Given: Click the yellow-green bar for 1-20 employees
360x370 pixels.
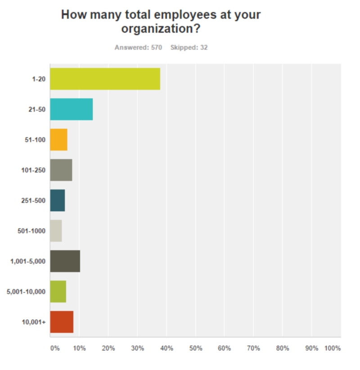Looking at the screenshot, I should point(105,79).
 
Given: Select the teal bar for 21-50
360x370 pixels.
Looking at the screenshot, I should point(71,109).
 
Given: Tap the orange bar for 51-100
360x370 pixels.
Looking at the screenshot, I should point(58,140).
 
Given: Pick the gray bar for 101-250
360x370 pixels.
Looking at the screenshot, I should point(61,170).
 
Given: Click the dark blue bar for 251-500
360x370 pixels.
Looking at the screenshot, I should point(57,200).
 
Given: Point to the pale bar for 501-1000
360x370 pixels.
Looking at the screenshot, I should point(56,230).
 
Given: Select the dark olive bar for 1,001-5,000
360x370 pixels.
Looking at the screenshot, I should point(65,261).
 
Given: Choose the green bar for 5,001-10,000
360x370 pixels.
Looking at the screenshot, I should point(58,291).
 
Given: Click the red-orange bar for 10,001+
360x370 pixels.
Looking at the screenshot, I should point(62,322).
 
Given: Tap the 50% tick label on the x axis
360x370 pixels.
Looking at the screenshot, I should point(195,348).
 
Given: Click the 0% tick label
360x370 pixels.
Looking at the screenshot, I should point(54,348).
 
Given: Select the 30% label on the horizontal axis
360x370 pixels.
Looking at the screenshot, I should point(137,348).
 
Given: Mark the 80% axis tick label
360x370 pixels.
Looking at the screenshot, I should point(282,348).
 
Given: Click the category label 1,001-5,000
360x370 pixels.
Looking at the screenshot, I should point(28,261).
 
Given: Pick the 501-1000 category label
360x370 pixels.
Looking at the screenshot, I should point(31,231).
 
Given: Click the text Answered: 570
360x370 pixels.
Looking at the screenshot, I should point(138,47).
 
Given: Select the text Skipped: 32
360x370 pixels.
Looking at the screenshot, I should point(189,47).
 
